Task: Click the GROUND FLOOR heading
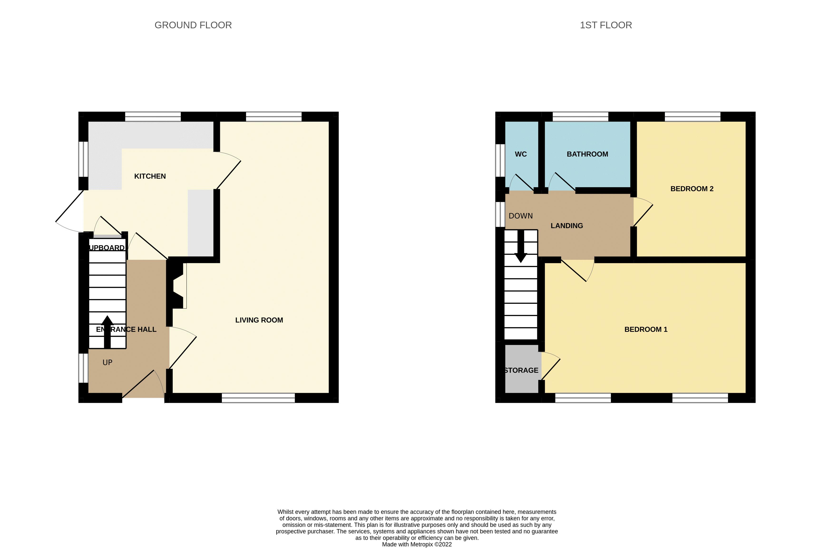click(x=193, y=25)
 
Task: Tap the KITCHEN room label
click(x=150, y=176)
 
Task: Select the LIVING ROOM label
click(x=259, y=320)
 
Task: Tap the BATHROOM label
click(x=587, y=154)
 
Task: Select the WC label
click(x=521, y=154)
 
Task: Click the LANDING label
click(x=567, y=226)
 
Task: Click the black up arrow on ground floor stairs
click(x=107, y=331)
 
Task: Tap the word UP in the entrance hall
click(x=107, y=362)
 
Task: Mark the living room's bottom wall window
click(x=258, y=398)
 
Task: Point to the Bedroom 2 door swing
click(x=643, y=212)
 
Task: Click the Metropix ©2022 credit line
click(x=416, y=544)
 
